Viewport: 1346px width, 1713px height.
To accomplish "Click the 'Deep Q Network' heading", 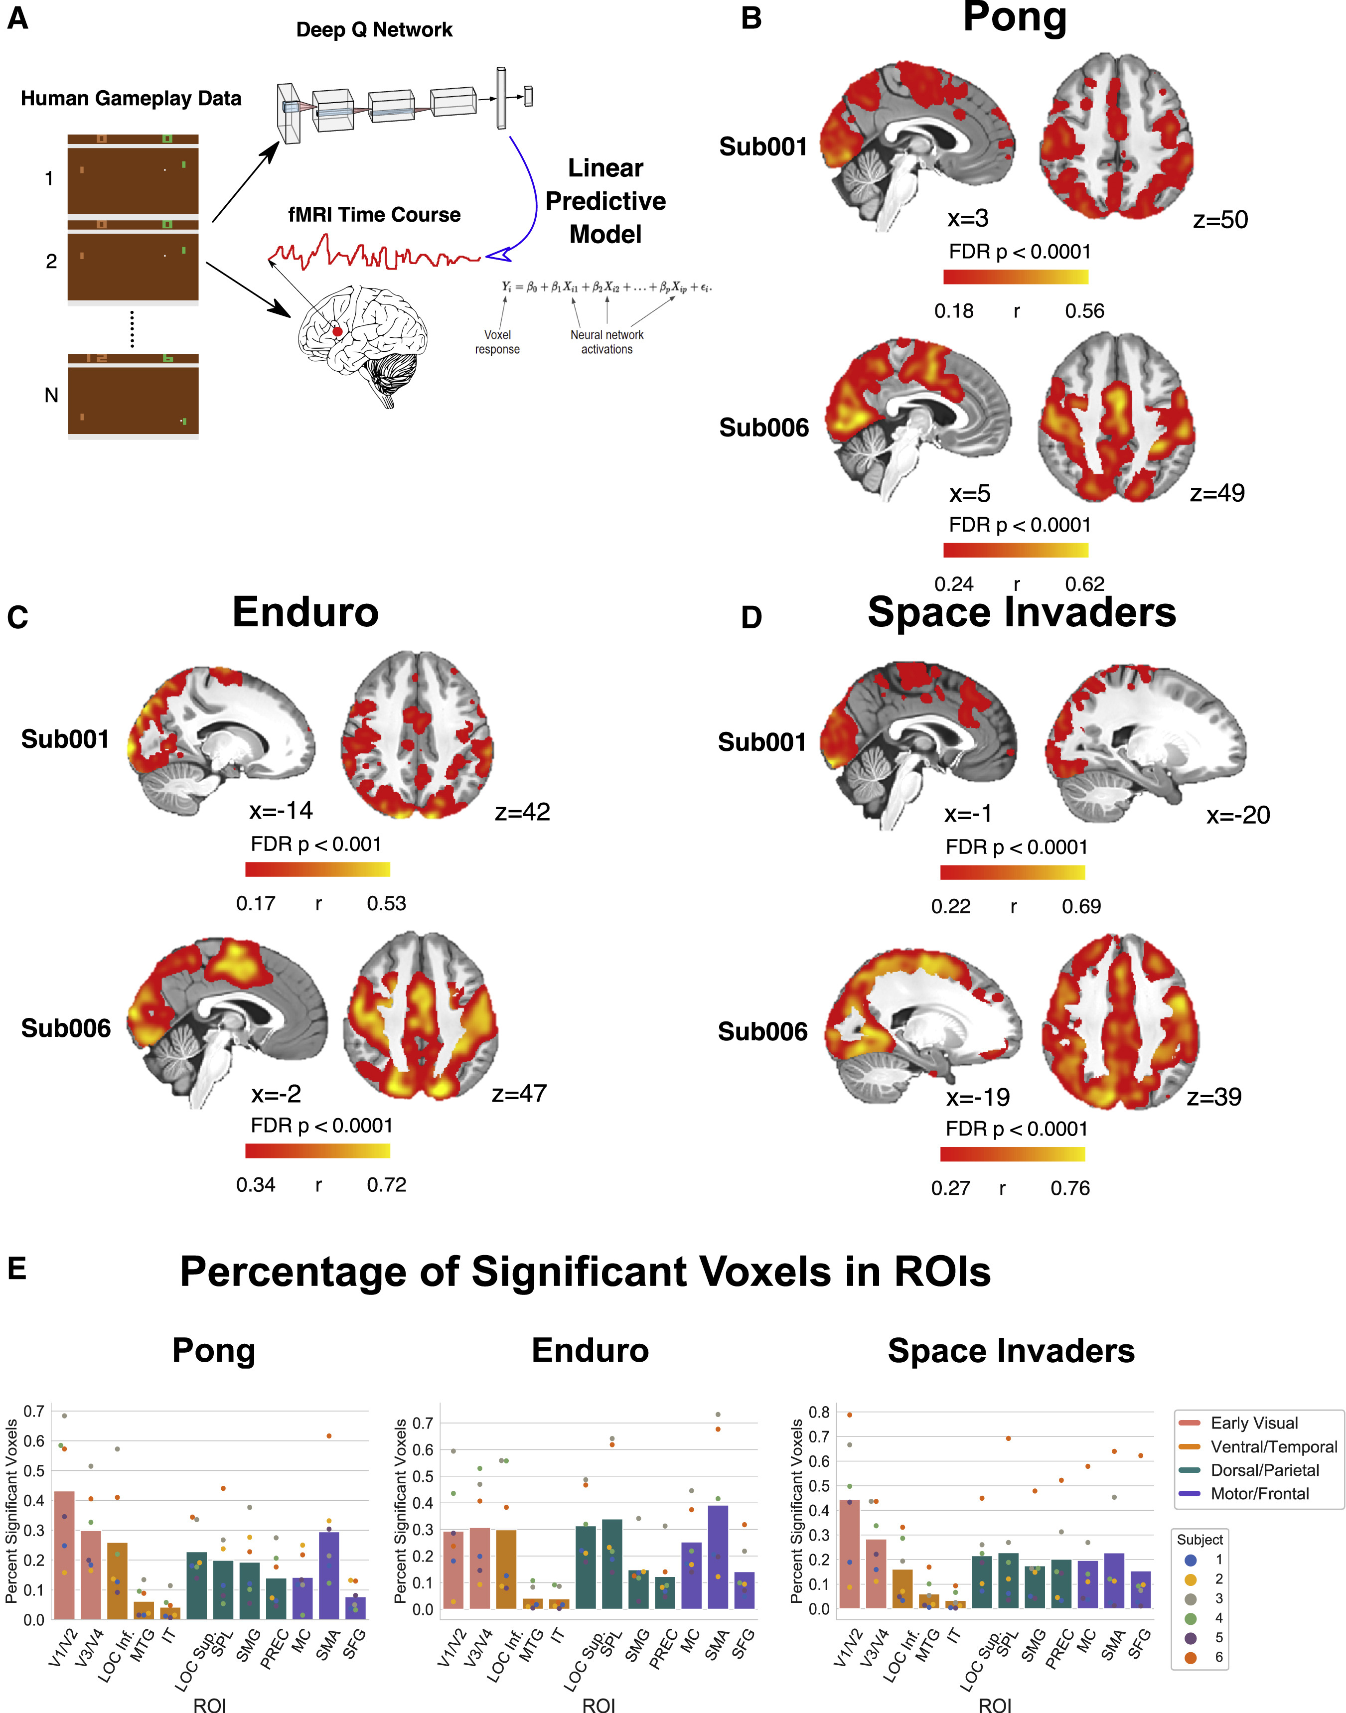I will (374, 30).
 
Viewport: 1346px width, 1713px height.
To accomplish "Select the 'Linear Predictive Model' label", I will (605, 201).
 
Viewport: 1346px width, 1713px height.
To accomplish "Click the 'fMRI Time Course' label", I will (374, 214).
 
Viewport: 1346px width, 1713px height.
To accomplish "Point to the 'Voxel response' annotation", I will (497, 342).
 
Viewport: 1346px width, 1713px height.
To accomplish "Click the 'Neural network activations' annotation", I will (607, 342).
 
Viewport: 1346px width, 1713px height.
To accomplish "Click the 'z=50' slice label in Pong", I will (1220, 220).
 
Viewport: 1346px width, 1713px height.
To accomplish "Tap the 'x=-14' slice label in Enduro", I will (282, 811).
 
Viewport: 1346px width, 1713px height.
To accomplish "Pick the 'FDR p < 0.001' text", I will (316, 845).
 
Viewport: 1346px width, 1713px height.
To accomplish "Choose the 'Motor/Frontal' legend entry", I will (1259, 1494).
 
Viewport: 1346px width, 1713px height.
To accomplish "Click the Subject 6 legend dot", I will (1191, 1658).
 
